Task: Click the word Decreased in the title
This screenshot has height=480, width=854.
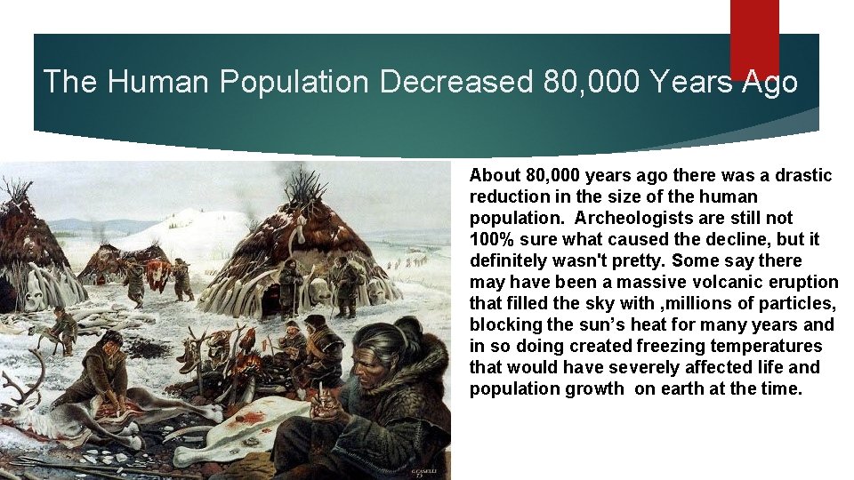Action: click(455, 82)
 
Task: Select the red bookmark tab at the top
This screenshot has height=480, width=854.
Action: click(754, 36)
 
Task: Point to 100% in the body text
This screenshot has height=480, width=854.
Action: click(490, 239)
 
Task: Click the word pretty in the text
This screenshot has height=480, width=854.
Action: click(640, 260)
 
